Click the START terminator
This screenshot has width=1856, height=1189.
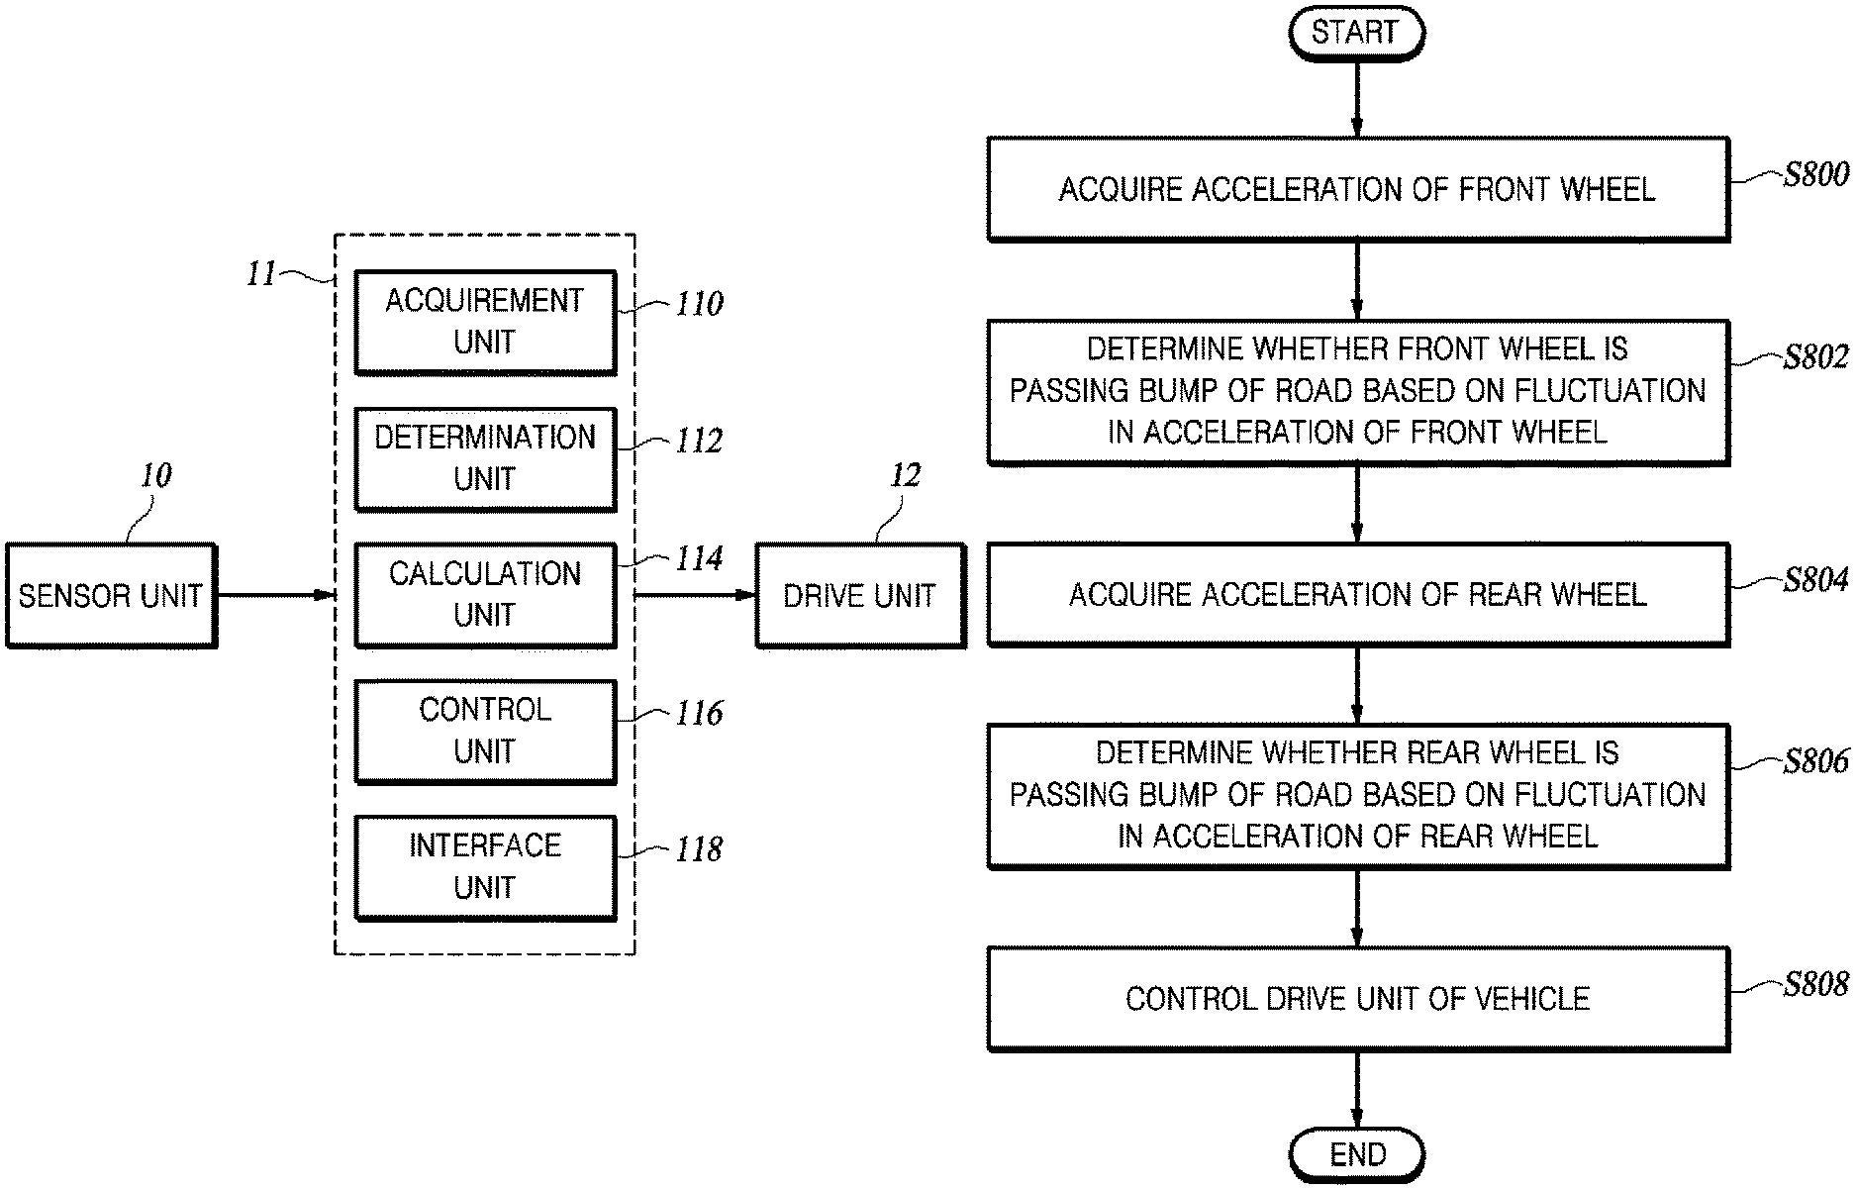[1356, 33]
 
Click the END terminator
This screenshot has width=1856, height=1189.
[1356, 1154]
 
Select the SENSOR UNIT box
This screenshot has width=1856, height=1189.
[111, 595]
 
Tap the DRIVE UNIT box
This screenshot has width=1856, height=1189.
[859, 595]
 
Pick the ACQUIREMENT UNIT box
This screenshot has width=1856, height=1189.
[485, 322]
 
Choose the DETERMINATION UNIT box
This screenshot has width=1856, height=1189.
[485, 458]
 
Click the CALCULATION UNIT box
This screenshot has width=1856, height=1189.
[485, 594]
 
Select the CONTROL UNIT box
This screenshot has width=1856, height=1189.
[485, 731]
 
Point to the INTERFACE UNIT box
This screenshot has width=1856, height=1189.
[485, 867]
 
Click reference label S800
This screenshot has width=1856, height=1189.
[1815, 175]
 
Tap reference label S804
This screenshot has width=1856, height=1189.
[1815, 580]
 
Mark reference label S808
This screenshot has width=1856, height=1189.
[1815, 984]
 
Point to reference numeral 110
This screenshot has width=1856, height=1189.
[699, 304]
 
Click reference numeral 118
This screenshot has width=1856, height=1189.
[699, 849]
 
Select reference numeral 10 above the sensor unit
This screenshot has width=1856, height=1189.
[155, 476]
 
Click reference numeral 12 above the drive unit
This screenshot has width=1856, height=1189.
[905, 476]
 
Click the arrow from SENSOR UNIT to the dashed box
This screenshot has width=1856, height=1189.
[275, 595]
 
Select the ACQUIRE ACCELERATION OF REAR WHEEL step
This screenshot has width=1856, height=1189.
[1357, 594]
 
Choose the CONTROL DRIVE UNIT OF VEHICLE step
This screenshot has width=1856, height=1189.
[1357, 998]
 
